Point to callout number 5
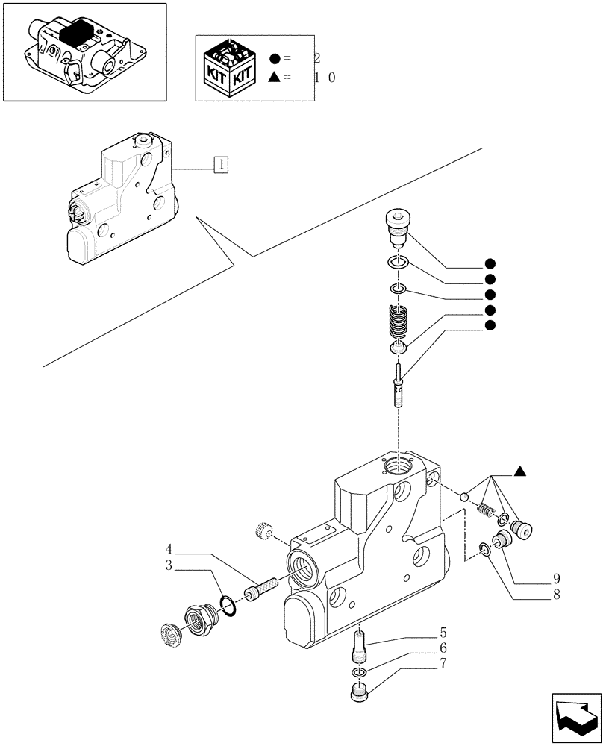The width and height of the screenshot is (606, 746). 443,638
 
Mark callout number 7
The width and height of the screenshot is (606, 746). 443,662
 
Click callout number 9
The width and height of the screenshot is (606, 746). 557,578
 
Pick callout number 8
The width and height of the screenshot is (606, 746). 557,595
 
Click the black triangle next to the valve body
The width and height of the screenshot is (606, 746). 519,471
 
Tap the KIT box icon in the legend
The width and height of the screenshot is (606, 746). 231,66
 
